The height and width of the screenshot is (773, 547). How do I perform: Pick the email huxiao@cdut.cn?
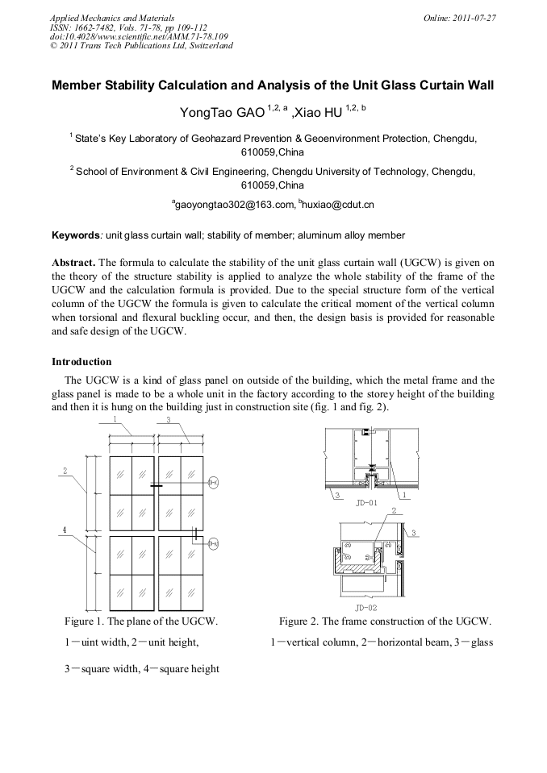pos(338,206)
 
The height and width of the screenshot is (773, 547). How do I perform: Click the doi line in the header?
pos(138,36)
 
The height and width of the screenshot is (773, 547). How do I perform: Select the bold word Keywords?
pos(75,235)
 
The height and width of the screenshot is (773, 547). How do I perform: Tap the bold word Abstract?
pos(73,263)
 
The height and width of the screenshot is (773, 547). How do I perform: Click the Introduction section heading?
pos(81,362)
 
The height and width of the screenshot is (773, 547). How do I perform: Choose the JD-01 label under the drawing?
pos(365,502)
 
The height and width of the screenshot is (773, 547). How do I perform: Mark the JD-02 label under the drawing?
pos(365,607)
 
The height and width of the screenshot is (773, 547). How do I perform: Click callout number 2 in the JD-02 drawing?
pos(393,510)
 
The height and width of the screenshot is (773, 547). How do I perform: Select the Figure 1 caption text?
pos(141,621)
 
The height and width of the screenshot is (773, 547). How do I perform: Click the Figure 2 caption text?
pos(385,621)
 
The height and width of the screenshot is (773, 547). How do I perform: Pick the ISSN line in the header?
pos(128,27)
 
